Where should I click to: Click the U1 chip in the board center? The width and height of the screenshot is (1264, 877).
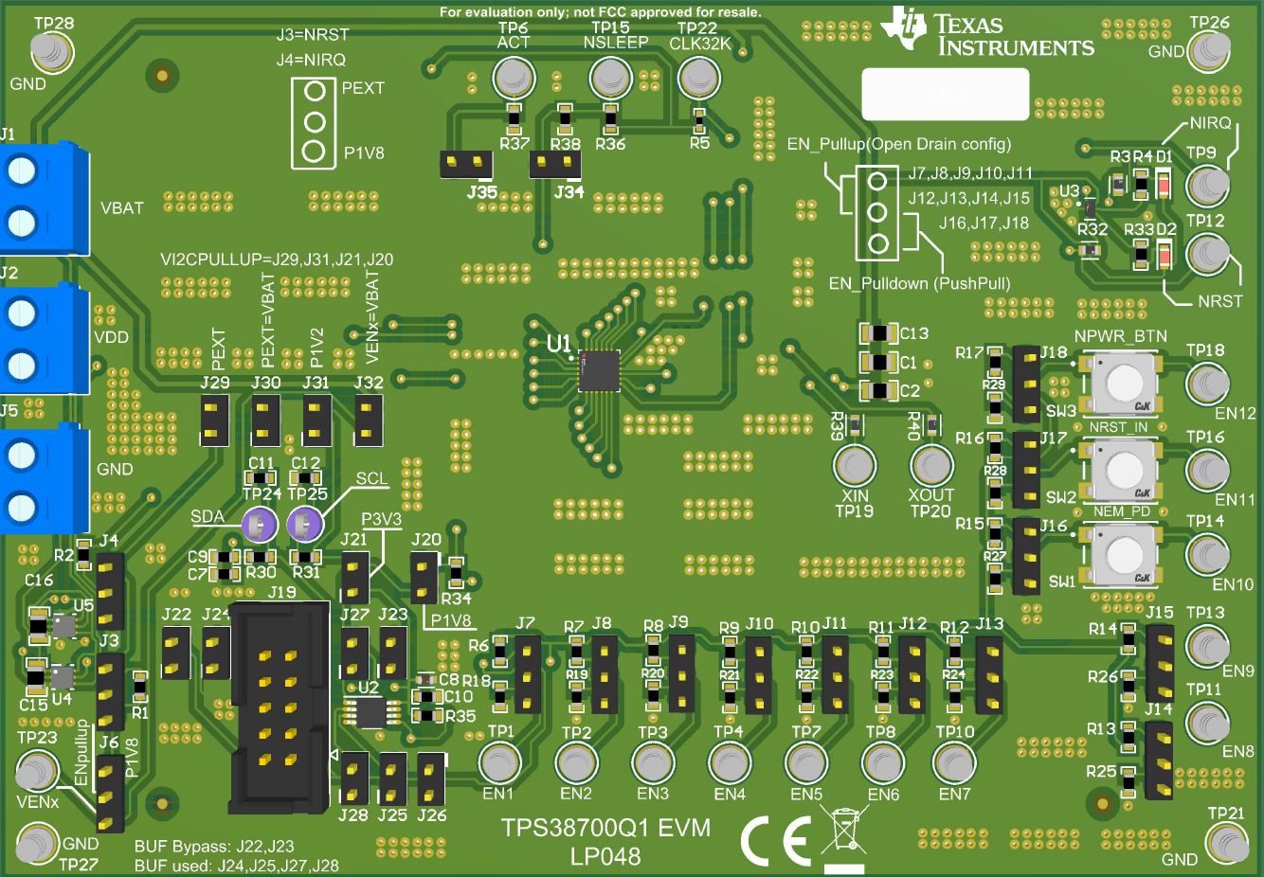pos(599,370)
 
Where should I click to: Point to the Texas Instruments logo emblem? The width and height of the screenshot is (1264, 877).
pos(903,28)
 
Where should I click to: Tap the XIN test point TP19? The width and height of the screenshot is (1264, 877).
pos(855,465)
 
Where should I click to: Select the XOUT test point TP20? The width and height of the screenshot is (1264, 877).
pos(931,465)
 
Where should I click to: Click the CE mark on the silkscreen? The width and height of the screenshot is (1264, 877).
pos(776,840)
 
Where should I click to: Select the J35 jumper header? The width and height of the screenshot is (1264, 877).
pos(466,165)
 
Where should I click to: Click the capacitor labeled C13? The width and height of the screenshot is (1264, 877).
pos(878,333)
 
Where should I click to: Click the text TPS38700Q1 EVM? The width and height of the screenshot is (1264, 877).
pos(605,828)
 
